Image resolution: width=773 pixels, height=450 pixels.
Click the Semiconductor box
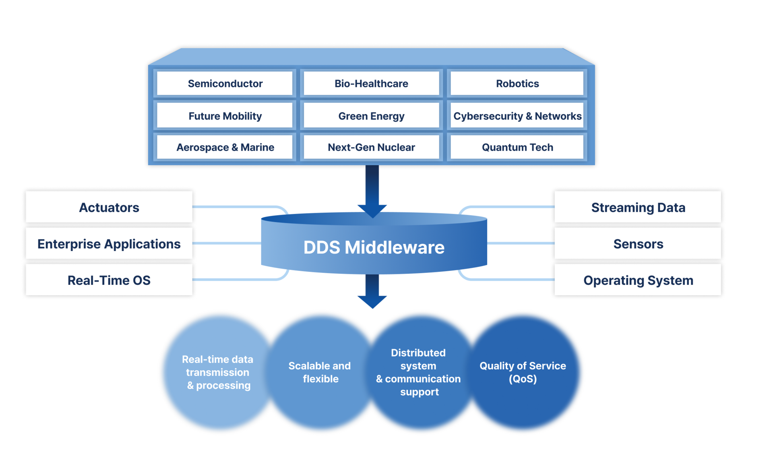pos(225,83)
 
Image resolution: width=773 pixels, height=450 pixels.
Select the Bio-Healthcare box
pos(371,83)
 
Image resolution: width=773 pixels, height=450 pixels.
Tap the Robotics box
pos(517,83)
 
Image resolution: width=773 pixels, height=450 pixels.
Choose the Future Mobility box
pos(225,116)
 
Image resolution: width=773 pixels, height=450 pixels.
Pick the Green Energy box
pos(371,116)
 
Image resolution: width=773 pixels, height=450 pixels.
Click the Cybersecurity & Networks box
pos(517,116)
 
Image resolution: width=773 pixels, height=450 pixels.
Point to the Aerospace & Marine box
pos(225,147)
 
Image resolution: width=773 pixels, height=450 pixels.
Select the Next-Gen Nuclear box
pos(371,147)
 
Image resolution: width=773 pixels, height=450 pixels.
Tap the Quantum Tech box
pos(517,147)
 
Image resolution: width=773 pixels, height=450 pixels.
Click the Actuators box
pos(109,207)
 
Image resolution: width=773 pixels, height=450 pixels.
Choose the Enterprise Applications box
pos(109,243)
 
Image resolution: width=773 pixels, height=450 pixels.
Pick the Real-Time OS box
pos(109,280)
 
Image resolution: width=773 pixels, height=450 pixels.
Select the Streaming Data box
pos(638,207)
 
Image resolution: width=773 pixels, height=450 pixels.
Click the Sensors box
pos(638,243)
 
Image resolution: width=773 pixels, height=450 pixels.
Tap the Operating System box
pos(638,280)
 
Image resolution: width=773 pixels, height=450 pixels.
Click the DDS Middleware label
pos(374,247)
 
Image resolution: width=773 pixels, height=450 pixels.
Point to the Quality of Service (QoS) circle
pos(523,372)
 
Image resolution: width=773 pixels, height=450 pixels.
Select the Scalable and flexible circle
pos(320,372)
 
